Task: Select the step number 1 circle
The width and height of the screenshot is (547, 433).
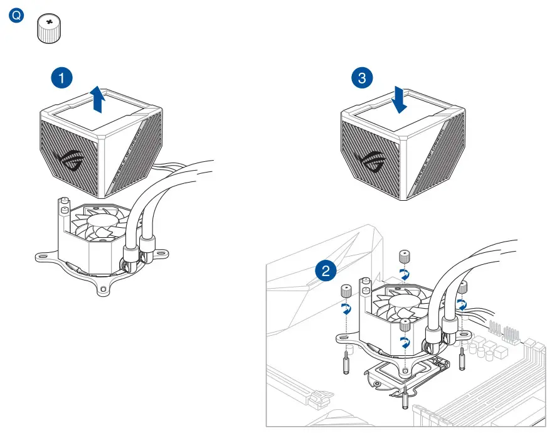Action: pos(61,78)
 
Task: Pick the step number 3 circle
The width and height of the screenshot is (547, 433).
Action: pos(361,78)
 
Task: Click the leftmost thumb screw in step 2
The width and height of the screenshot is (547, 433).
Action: pos(345,291)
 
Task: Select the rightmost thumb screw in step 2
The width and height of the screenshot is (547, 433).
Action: pos(462,287)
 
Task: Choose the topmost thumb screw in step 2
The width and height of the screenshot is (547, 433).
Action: pos(405,255)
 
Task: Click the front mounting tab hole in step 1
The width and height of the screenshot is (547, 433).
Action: pos(102,289)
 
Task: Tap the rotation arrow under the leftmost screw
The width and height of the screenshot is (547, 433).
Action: pos(344,308)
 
